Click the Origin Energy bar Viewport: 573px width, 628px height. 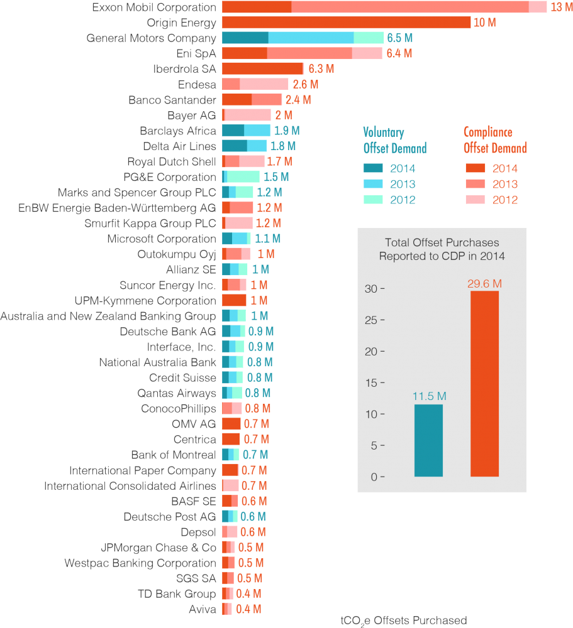tap(346, 23)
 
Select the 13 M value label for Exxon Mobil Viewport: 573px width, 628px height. tap(560, 8)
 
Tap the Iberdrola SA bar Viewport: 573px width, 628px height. tap(263, 68)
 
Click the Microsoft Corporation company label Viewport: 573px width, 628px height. tap(162, 239)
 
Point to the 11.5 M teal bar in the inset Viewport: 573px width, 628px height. tap(428, 440)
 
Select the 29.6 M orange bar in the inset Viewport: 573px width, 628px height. tap(484, 384)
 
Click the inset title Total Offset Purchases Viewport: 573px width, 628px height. tap(442, 249)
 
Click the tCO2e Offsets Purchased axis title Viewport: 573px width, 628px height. tap(403, 620)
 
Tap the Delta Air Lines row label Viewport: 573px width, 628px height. tap(179, 146)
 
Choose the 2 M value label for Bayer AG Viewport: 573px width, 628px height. tap(283, 115)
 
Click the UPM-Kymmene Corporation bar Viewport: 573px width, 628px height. tap(235, 300)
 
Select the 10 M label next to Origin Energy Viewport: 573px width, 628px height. tap(484, 23)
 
